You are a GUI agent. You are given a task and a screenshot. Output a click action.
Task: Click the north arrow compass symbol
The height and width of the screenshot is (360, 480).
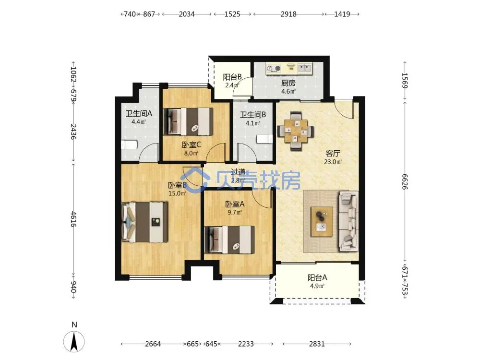click(x=74, y=341)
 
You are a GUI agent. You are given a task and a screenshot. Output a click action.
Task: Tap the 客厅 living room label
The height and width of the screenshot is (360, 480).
click(x=333, y=154)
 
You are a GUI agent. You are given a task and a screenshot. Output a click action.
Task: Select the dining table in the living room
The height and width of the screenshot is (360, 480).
click(x=295, y=131)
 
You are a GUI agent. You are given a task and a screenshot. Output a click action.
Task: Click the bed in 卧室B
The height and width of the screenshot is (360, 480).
click(x=144, y=222)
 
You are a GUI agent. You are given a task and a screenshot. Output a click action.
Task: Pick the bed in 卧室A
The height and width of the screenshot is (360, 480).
click(x=229, y=240)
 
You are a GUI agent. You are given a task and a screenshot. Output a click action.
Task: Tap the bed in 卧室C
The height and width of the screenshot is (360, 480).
click(x=188, y=121)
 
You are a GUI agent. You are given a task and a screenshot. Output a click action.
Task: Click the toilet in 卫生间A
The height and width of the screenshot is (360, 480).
click(x=129, y=144)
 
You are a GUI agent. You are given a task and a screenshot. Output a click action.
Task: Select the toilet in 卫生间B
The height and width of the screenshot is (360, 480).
click(x=264, y=139)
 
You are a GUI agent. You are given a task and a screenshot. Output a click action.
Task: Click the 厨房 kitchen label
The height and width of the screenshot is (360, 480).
click(x=288, y=83)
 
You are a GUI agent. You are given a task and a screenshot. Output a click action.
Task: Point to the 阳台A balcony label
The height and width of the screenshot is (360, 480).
click(x=317, y=277)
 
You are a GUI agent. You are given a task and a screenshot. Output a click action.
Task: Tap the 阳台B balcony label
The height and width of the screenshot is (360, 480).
click(x=232, y=77)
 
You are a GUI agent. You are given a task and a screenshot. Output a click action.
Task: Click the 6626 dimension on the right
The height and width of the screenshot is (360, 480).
click(x=405, y=182)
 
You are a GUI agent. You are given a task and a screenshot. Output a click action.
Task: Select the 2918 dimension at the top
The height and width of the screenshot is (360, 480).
click(x=288, y=14)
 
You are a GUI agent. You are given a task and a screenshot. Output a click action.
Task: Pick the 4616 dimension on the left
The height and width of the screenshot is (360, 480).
click(x=73, y=219)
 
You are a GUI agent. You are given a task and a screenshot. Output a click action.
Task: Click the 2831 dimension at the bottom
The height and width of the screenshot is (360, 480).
click(x=317, y=344)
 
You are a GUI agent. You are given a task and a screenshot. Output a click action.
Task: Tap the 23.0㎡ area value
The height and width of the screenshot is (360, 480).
click(x=333, y=162)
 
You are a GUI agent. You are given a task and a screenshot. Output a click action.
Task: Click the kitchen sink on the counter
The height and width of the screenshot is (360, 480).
click(x=304, y=68)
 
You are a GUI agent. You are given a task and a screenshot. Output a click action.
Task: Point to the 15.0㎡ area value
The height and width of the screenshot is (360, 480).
click(x=177, y=193)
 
